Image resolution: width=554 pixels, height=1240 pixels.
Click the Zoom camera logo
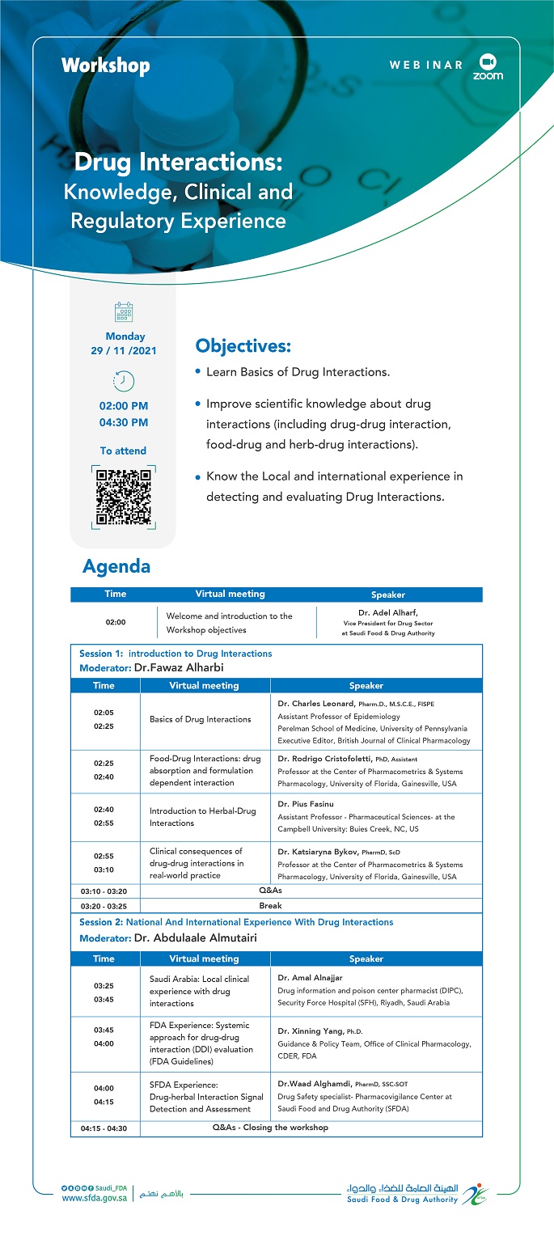(x=487, y=61)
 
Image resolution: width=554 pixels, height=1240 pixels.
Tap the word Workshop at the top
(x=105, y=66)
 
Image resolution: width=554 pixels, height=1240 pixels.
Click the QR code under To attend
(x=123, y=497)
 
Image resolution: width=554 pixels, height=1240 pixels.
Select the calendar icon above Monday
(x=124, y=312)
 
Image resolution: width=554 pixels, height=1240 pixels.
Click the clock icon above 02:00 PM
(x=124, y=380)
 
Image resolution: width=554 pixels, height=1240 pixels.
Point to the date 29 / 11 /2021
(x=124, y=351)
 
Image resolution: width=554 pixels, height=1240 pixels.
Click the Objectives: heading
(x=243, y=346)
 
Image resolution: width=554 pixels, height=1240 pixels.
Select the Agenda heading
(x=116, y=566)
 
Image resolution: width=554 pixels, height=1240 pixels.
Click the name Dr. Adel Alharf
(x=387, y=613)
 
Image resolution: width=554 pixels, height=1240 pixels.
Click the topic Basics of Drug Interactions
(x=200, y=719)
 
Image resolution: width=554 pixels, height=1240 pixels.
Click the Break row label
(x=270, y=906)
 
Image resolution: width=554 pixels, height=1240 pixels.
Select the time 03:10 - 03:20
(x=104, y=891)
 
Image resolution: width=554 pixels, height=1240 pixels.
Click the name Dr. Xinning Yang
(x=311, y=1031)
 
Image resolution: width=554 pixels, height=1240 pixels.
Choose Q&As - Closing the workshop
(x=270, y=1127)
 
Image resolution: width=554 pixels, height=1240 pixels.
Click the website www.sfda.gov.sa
(x=94, y=1199)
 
